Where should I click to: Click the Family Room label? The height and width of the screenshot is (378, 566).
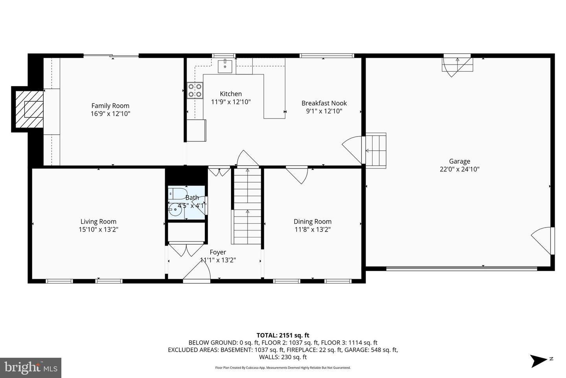pos(110,106)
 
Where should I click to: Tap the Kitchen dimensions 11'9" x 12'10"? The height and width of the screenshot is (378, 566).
pos(231,102)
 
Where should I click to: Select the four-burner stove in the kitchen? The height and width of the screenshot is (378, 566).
pos(195,91)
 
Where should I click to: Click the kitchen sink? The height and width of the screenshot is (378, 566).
pos(225,66)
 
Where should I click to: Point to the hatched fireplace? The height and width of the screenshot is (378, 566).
pos(29,109)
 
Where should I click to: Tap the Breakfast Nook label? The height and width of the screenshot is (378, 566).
pos(324,103)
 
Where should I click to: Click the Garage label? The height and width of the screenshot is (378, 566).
pos(459,161)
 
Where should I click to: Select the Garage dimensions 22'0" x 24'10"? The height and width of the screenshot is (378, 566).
pos(459,169)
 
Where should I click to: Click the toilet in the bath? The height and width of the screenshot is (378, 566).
pos(178,194)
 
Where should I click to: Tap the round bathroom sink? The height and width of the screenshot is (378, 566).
pos(175,209)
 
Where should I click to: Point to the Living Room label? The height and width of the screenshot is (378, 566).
pos(98,222)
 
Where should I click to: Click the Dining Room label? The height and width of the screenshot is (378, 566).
pos(312,222)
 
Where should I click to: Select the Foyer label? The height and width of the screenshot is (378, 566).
pos(218,252)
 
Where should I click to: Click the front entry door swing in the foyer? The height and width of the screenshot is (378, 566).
pos(197,271)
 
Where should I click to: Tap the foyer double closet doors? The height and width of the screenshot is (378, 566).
pos(186,250)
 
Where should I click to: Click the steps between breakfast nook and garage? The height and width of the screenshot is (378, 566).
pos(376,150)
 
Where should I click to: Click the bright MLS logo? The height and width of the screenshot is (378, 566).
pos(31,368)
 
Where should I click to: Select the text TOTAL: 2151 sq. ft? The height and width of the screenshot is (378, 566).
pos(283,335)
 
